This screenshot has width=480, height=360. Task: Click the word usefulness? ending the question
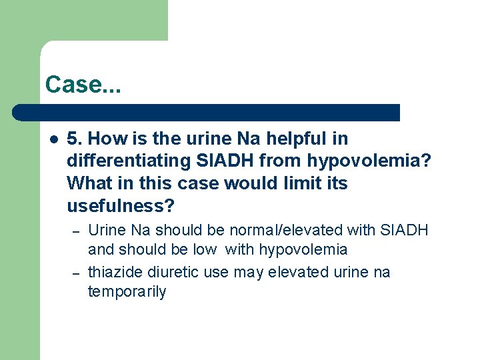pos(121,205)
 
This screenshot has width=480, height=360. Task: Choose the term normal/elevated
pos(285,231)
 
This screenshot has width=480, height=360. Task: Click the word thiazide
pos(112,272)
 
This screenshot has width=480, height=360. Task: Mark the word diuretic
pos(164,272)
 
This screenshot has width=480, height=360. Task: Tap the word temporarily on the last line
pos(127,292)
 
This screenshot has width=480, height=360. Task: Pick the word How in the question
pos(104,139)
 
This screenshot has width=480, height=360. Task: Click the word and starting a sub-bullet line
pos(100,250)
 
